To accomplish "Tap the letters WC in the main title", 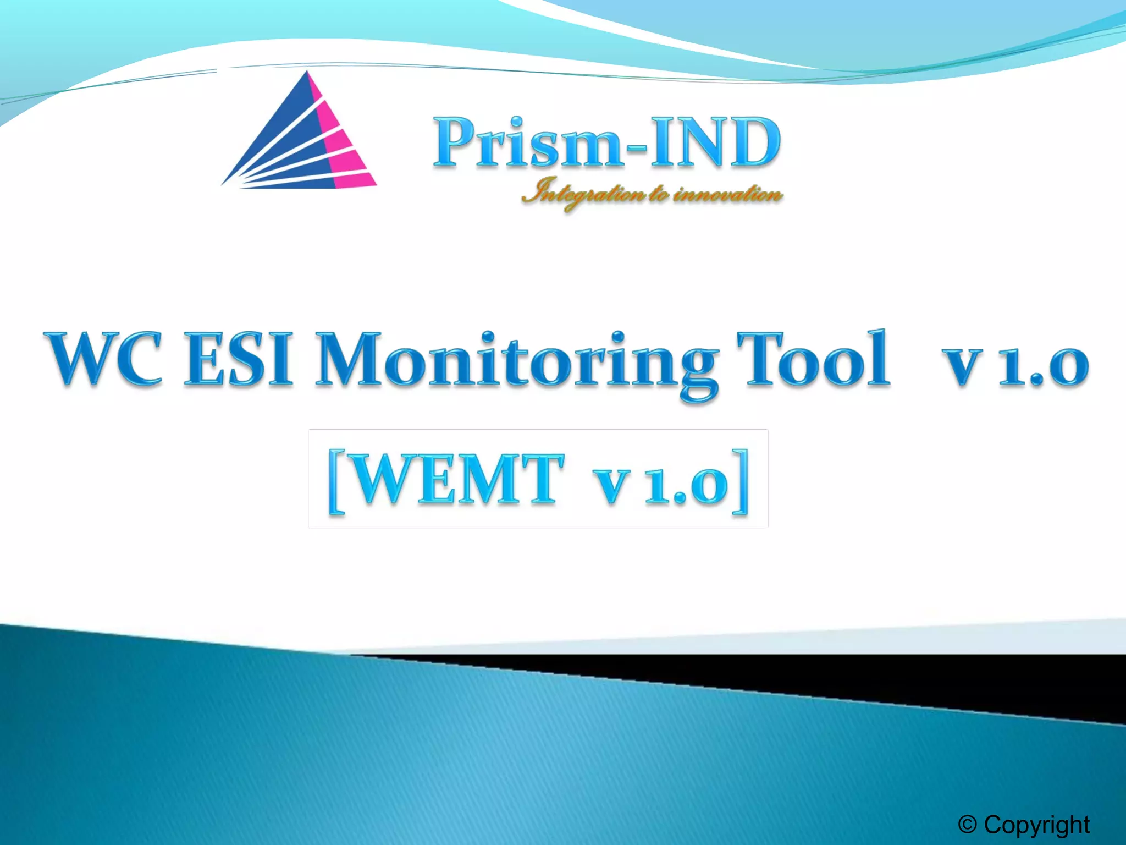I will (104, 360).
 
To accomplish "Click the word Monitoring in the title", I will (517, 363).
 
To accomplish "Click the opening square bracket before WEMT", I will (336, 481).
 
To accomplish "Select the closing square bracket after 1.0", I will (741, 481).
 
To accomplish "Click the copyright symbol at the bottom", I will (967, 824).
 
